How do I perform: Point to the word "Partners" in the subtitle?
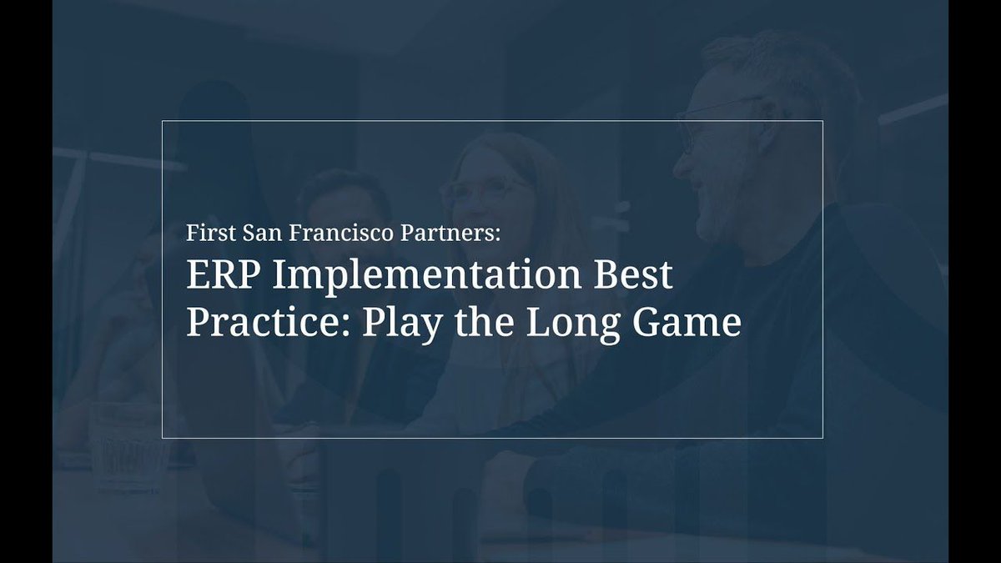451,234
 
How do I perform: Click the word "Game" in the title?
688,322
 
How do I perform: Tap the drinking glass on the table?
125,442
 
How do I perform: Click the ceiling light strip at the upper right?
913,108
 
